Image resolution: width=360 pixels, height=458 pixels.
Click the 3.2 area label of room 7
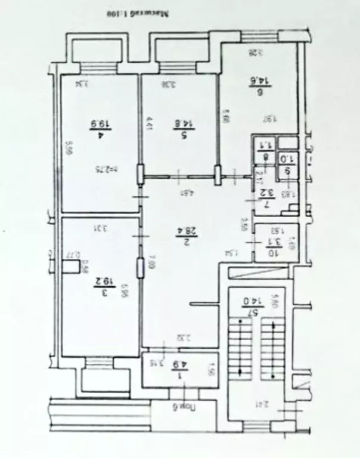coord(268,193)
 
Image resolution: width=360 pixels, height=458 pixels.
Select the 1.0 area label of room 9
coord(287,159)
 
